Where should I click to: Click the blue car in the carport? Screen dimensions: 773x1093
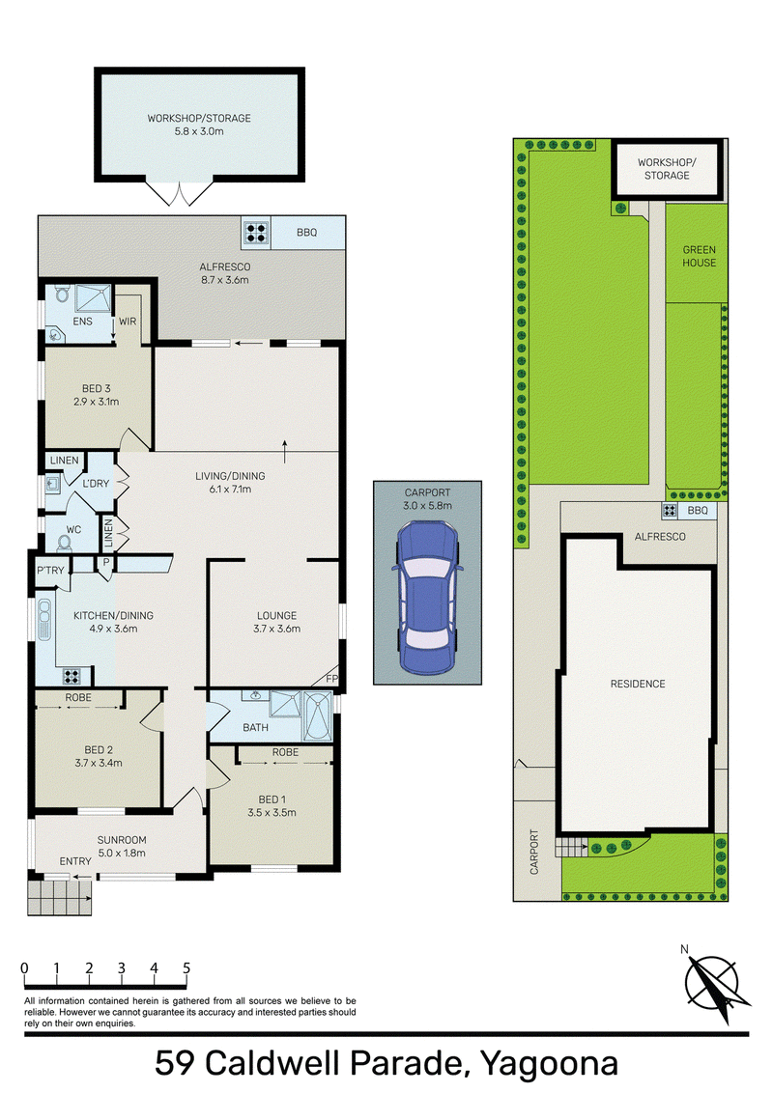[x=427, y=598]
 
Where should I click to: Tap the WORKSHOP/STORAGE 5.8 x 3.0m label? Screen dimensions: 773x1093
[x=199, y=125]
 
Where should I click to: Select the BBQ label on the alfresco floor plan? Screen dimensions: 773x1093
[x=307, y=232]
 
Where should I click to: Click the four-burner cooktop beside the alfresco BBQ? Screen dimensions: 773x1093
[x=256, y=233]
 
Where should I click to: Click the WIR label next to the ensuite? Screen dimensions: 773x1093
[x=128, y=322]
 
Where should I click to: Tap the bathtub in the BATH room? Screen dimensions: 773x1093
[x=318, y=715]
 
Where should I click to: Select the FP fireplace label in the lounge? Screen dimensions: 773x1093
[x=332, y=678]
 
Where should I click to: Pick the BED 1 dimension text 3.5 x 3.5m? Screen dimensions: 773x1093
[x=272, y=812]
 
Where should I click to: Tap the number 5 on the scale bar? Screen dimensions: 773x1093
[x=186, y=967]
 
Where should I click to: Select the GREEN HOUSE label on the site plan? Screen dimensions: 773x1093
[x=699, y=256]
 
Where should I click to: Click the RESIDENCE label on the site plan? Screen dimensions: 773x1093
[x=638, y=684]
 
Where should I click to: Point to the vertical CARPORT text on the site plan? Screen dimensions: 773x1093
[x=534, y=851]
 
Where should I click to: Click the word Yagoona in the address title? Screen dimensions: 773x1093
[x=549, y=1063]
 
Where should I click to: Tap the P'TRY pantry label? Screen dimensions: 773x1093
[x=50, y=571]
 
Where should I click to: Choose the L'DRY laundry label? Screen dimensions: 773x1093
[x=96, y=483]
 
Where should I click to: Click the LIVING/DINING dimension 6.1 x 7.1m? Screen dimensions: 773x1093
[x=230, y=489]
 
